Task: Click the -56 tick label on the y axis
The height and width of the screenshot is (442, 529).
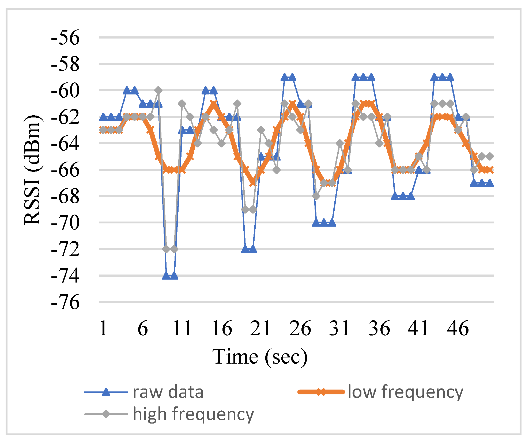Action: coord(65,38)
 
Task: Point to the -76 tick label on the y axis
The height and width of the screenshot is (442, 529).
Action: coord(65,302)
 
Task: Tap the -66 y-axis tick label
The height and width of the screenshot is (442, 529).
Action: coord(65,170)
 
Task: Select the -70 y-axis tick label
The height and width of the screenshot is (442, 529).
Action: coord(65,223)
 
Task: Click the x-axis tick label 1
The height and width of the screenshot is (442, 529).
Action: coord(103,328)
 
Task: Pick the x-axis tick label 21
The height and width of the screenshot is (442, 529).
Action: coord(261,328)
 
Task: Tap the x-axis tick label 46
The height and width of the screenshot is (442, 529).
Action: coord(458,328)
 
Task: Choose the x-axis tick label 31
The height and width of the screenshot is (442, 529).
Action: coord(339,328)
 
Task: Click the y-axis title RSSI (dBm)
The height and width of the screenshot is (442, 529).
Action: coord(32,170)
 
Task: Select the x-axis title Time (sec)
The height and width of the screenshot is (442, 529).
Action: coord(260,357)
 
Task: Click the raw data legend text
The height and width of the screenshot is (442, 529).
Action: coord(168,392)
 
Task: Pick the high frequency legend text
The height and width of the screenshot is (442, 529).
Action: coord(193,414)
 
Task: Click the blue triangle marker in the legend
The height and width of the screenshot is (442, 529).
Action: coord(106,392)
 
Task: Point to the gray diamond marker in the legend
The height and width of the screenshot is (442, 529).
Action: coord(106,414)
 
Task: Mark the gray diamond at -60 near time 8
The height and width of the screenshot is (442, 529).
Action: coord(158,90)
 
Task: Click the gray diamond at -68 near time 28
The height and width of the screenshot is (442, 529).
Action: coord(316,196)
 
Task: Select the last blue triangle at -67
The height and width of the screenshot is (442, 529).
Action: coord(489,183)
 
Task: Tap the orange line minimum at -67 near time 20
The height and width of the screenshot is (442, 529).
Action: coord(253,183)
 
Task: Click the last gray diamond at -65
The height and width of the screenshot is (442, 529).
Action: coord(489,157)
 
